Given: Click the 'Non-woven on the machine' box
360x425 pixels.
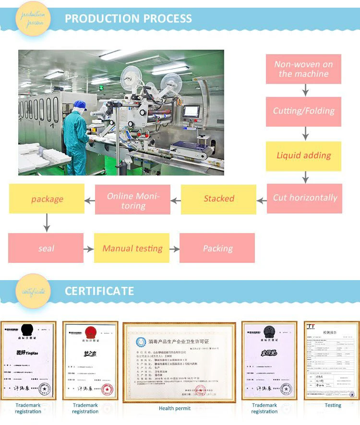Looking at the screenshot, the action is click(303, 69).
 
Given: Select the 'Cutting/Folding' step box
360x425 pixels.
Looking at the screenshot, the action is click(303, 111).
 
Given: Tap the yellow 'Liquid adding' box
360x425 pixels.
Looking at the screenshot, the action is click(303, 156).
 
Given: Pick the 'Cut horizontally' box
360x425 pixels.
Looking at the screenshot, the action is click(304, 198).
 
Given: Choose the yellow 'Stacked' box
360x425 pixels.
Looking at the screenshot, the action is click(218, 199).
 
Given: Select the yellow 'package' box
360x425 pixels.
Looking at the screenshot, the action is click(47, 199).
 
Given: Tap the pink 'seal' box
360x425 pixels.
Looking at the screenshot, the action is click(46, 248).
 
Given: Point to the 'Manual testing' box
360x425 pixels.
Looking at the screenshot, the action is click(132, 248).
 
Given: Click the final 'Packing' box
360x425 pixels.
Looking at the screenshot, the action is click(217, 248).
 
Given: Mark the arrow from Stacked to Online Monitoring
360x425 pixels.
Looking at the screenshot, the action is click(176, 199).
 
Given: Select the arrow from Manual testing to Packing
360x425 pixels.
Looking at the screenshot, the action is click(174, 249).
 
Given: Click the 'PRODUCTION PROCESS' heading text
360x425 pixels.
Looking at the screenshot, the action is click(128, 19).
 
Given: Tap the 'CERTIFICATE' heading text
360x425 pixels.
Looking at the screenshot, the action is click(99, 291).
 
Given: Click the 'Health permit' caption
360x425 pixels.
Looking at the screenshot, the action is click(175, 408).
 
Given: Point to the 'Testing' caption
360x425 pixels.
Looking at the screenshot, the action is click(333, 405).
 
